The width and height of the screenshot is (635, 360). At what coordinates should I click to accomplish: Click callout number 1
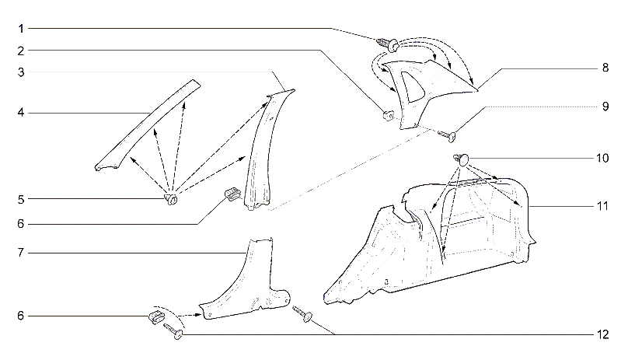pos(21,29)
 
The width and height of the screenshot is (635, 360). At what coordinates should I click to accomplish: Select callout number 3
pos(21,72)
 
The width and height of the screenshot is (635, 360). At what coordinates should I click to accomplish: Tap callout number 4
pos(21,113)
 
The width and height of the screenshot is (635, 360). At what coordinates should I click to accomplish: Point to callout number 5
pos(21,199)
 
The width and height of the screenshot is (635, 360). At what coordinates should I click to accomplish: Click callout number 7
pos(21,253)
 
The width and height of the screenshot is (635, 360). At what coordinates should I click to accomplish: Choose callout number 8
pos(605,68)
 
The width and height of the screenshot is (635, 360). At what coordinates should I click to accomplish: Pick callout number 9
pos(605,107)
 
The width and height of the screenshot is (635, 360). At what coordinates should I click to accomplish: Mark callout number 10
pos(602,158)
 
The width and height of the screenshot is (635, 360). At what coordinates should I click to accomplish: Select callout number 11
pos(602,206)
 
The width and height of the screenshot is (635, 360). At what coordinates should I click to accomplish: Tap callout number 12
pos(602,334)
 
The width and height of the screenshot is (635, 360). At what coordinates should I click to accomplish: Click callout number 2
pos(21,51)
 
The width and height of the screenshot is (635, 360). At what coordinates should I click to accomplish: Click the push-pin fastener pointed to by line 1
pos(388,44)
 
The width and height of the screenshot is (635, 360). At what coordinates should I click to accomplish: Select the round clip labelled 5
pos(171,199)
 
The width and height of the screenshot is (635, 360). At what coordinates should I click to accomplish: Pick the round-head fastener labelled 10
pos(461,159)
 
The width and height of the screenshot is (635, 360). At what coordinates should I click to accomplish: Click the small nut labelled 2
pos(388,115)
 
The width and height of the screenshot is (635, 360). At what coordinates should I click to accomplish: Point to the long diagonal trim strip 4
pos(148,124)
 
